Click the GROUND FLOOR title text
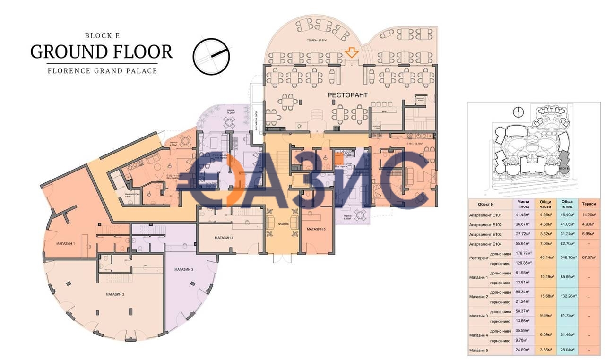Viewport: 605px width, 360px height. pyautogui.click(x=101, y=51)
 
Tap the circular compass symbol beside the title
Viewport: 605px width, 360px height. pyautogui.click(x=213, y=55)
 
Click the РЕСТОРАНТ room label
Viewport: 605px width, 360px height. pyautogui.click(x=348, y=95)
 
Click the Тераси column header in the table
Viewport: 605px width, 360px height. pyautogui.click(x=588, y=204)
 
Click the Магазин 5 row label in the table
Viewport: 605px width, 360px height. pyautogui.click(x=480, y=350)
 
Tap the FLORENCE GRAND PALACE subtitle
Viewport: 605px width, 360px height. pyautogui.click(x=102, y=71)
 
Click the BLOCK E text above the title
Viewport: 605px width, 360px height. pyautogui.click(x=101, y=35)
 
